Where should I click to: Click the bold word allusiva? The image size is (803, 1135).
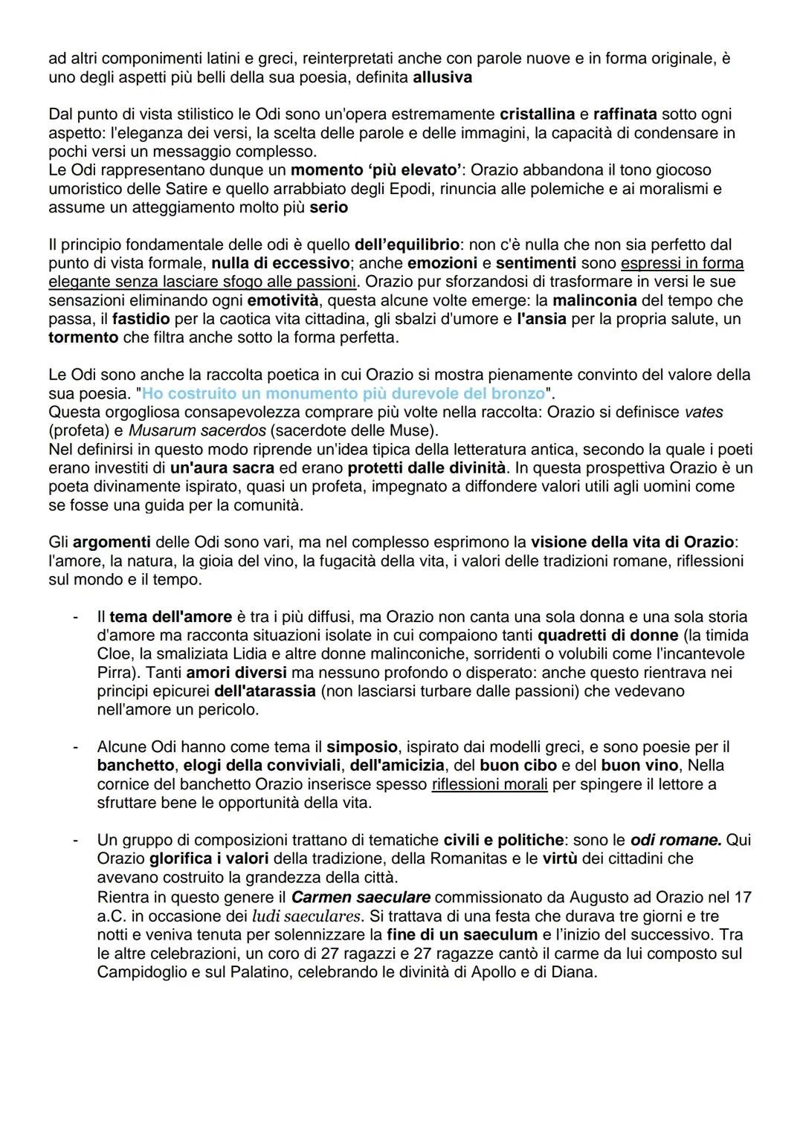tap(442, 77)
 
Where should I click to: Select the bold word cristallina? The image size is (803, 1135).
tap(537, 114)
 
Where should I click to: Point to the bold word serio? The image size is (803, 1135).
tap(329, 207)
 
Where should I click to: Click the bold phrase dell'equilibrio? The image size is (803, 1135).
tap(407, 245)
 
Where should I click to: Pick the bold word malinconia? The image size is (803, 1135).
tap(595, 300)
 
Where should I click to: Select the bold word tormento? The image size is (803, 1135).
tap(83, 337)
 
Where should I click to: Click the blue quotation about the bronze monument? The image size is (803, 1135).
tap(343, 393)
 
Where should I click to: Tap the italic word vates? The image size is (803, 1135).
tap(703, 412)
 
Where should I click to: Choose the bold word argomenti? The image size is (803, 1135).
tap(111, 542)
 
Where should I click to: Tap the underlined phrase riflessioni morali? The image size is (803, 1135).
tap(489, 784)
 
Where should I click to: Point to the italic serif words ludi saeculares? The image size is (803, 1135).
tap(306, 916)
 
